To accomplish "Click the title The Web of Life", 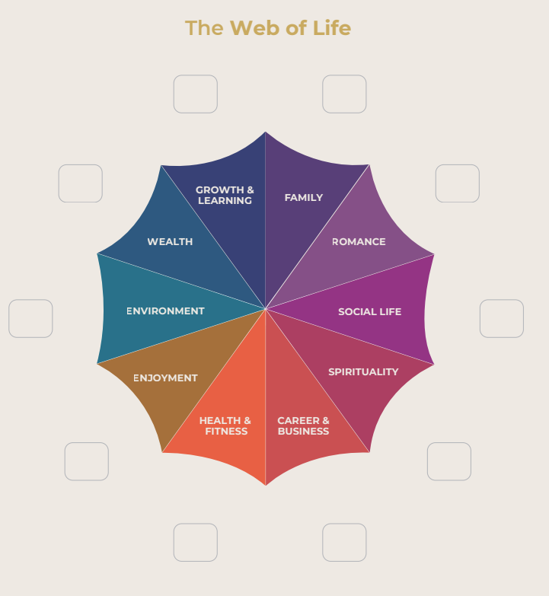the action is click(267, 28).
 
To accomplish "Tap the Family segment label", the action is click(304, 198).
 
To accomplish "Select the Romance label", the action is click(359, 242).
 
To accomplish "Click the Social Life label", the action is click(369, 312).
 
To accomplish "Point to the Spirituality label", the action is click(363, 372).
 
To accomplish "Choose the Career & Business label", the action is click(303, 425).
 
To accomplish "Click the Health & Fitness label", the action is click(225, 425).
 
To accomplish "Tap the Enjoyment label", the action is click(165, 378).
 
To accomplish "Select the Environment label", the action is click(165, 311).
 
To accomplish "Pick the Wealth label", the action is click(170, 242).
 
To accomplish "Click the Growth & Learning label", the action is click(225, 196).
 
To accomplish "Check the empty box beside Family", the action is click(344, 94).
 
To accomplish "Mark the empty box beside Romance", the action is click(458, 183).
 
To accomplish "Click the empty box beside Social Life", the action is click(502, 318).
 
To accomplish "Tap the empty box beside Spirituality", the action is click(449, 461).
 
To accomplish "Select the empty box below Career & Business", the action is click(344, 543).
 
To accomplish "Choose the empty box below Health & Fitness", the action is click(196, 543).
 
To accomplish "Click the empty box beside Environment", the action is click(30, 318).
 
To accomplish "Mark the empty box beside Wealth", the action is click(81, 183).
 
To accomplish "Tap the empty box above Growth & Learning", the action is click(196, 94).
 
